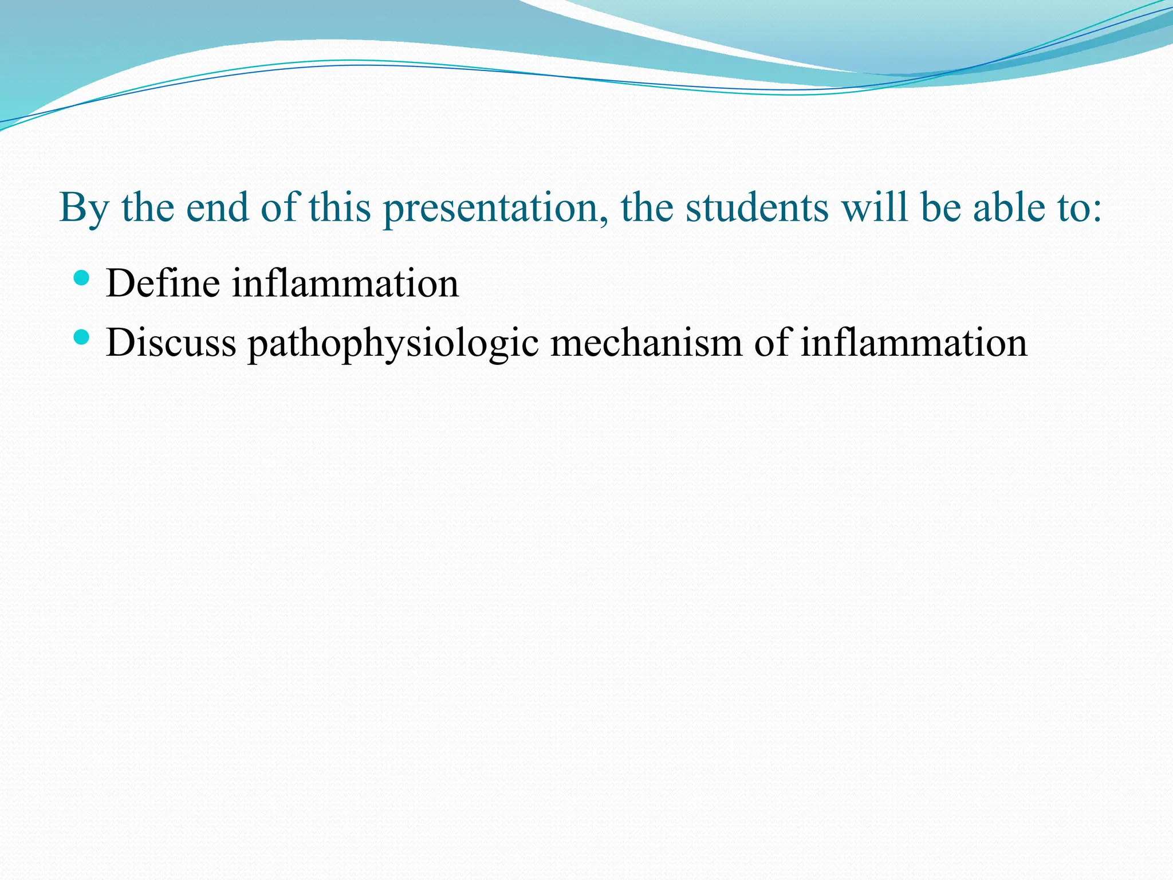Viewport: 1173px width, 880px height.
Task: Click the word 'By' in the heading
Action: (84, 209)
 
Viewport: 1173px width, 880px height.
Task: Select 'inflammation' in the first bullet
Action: (345, 283)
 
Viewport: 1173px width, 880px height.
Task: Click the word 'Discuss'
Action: (171, 343)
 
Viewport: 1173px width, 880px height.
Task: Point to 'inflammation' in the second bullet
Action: (913, 343)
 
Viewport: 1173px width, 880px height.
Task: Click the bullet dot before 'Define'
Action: (82, 279)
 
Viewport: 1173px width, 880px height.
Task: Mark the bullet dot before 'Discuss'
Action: (82, 337)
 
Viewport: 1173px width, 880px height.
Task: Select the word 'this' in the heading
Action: (340, 207)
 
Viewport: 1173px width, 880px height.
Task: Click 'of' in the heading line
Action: (279, 207)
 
